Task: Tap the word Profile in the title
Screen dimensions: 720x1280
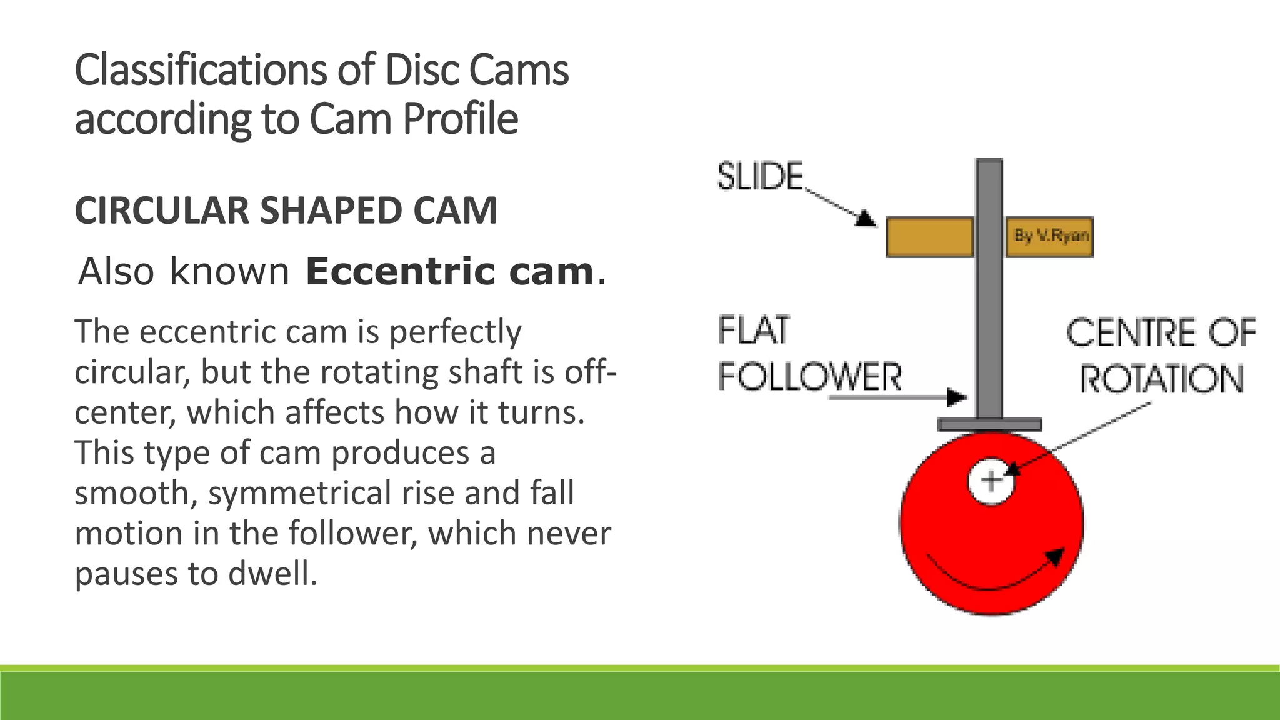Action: pyautogui.click(x=460, y=119)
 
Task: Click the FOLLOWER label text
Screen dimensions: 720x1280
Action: pyautogui.click(x=809, y=377)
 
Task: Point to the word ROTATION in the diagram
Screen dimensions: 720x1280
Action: pyautogui.click(x=1162, y=379)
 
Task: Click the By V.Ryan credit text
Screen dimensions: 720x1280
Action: pyautogui.click(x=1051, y=236)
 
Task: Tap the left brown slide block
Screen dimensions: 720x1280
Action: pyautogui.click(x=929, y=237)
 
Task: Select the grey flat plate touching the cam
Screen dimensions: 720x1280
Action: pyautogui.click(x=989, y=425)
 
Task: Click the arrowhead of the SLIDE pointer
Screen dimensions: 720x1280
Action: pyautogui.click(x=867, y=219)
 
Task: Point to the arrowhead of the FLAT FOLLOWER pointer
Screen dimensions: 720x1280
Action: pyautogui.click(x=956, y=397)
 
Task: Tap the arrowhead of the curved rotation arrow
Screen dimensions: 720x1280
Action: pyautogui.click(x=1056, y=555)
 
